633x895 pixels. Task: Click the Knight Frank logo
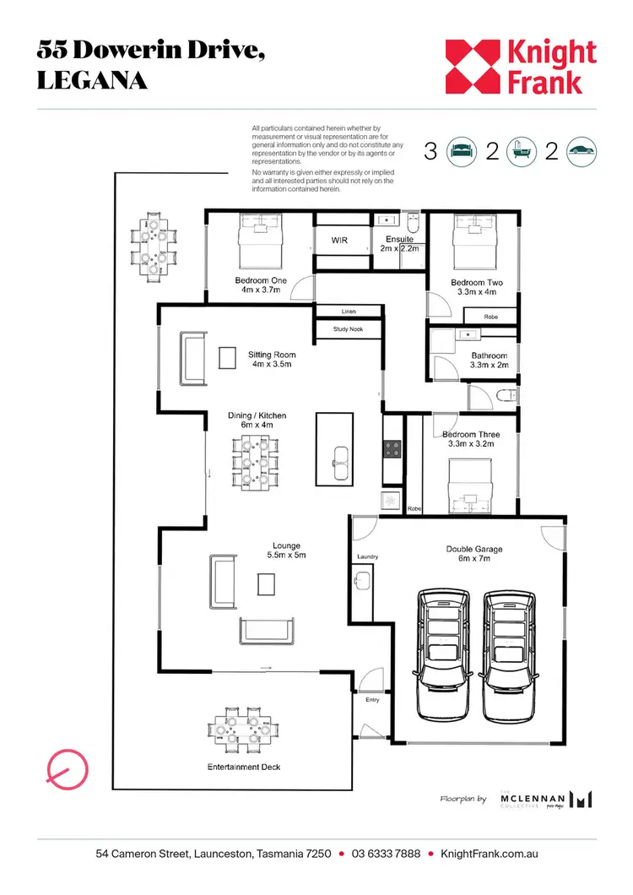[521, 67]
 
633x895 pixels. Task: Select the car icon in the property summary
[582, 152]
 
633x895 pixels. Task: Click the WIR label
[339, 241]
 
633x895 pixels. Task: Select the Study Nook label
[348, 329]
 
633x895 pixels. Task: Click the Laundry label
[367, 557]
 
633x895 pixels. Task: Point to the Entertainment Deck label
[244, 767]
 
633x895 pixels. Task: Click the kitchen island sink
[341, 457]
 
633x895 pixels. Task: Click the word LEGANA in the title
[92, 81]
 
